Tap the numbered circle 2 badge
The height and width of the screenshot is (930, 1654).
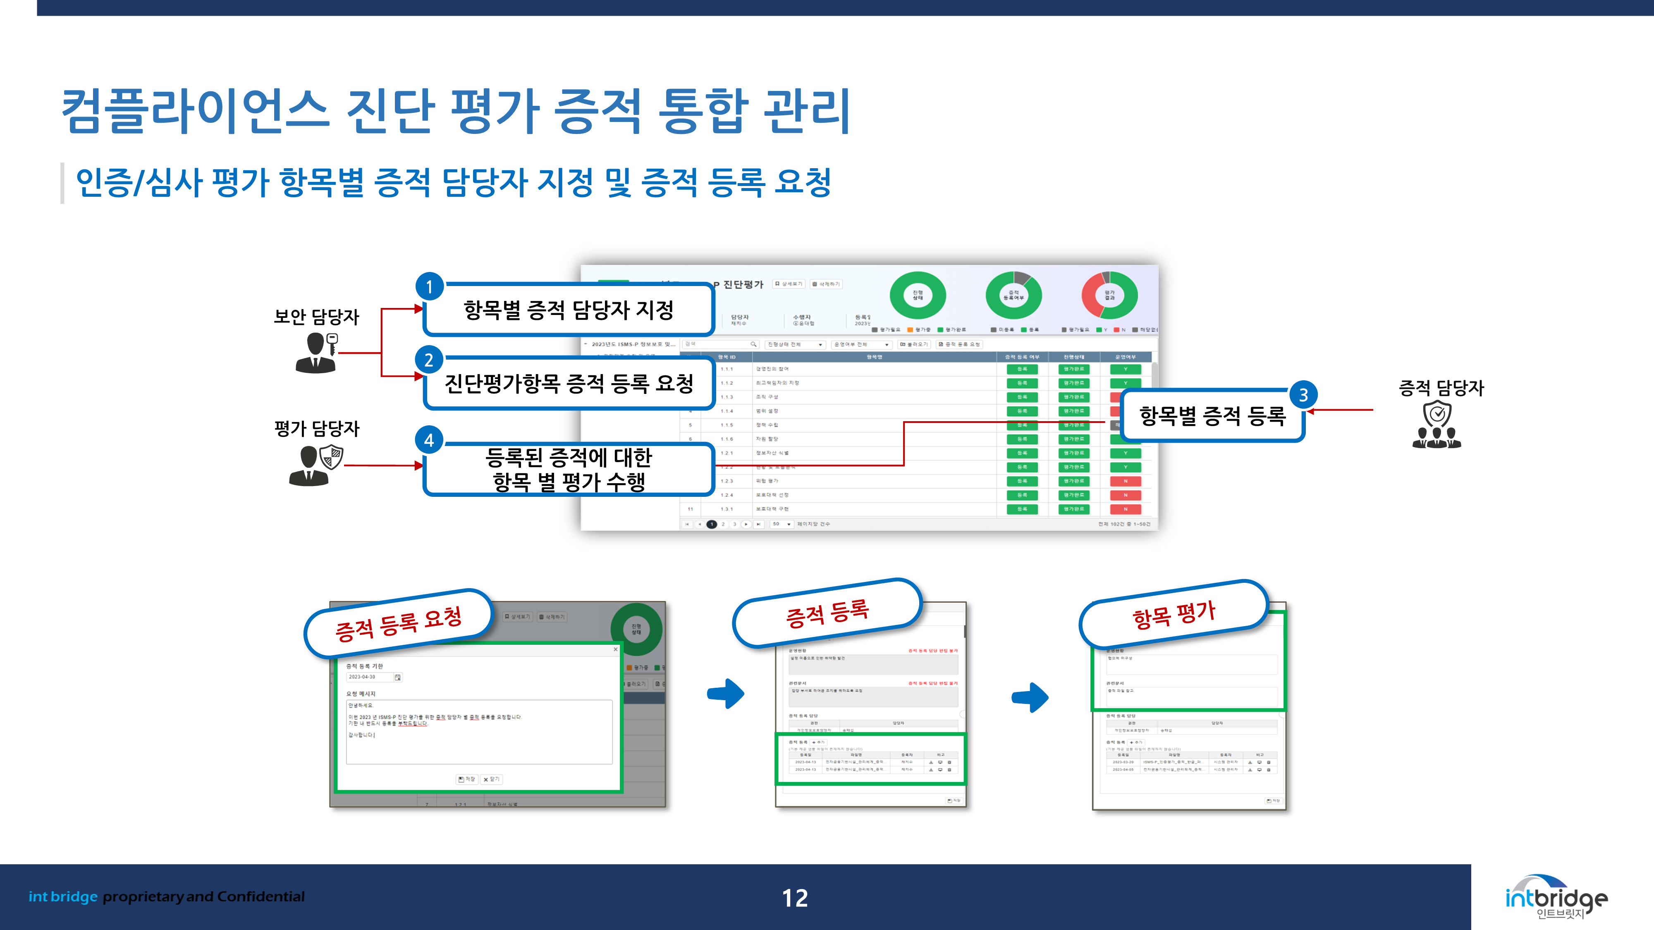pos(429,360)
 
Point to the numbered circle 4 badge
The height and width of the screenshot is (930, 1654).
pos(429,440)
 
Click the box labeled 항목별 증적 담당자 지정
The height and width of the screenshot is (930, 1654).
pos(569,310)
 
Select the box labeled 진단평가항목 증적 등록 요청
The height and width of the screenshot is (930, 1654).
pos(569,384)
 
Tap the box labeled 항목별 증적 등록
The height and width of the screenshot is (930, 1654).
pos(1212,416)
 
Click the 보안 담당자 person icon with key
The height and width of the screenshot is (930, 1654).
pos(317,353)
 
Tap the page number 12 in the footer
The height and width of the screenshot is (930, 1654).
pos(795,898)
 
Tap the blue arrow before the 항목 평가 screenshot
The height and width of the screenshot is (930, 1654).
pos(1030,697)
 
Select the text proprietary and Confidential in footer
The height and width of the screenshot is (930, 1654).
pos(203,897)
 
